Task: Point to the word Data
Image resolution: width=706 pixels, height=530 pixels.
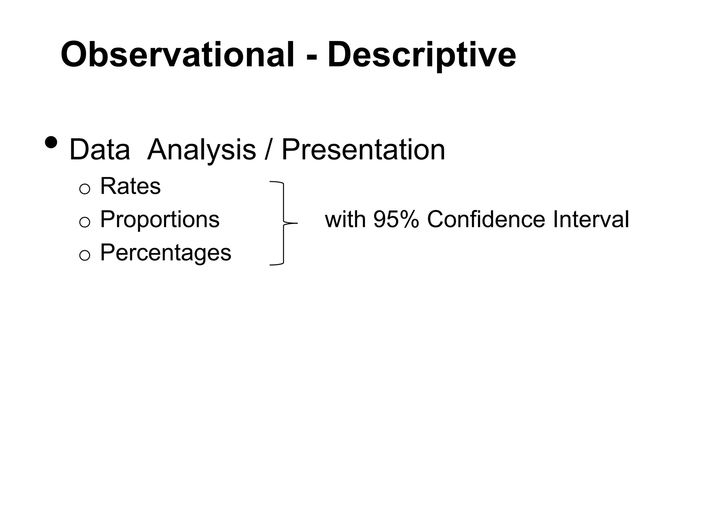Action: tap(100, 150)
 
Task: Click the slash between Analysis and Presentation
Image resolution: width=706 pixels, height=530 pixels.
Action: tap(269, 150)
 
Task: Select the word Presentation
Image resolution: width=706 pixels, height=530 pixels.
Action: tap(363, 150)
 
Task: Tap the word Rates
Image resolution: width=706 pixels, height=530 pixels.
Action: tap(130, 186)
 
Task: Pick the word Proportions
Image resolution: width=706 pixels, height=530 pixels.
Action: tap(160, 219)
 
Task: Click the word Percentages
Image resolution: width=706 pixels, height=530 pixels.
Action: tap(165, 253)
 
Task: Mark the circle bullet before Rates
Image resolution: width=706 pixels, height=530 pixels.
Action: tap(84, 189)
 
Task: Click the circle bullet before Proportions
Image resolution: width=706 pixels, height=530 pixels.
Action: tap(84, 222)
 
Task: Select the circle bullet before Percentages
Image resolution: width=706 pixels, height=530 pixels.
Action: tap(84, 255)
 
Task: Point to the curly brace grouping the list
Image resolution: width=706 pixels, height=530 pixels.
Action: tap(283, 223)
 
